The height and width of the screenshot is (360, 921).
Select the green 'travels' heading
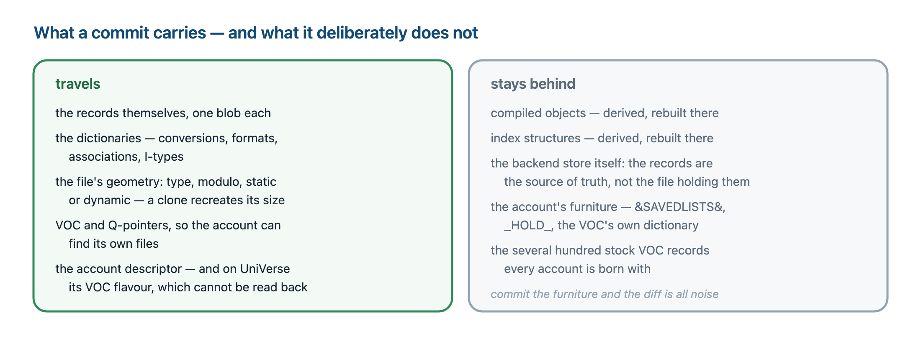point(78,84)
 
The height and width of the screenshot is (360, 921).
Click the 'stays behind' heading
point(533,84)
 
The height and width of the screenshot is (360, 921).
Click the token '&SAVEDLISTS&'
point(680,207)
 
